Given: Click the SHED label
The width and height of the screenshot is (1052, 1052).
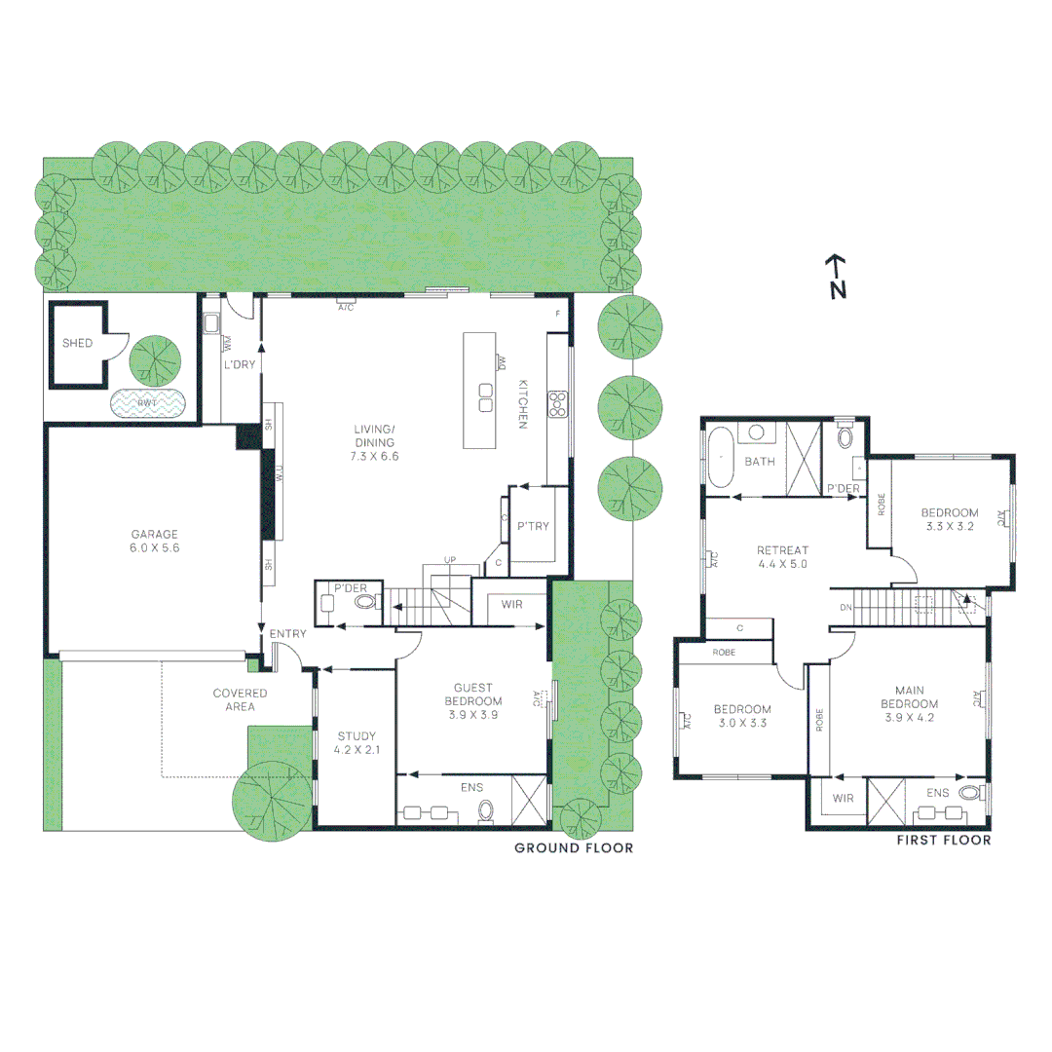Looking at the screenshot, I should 77,344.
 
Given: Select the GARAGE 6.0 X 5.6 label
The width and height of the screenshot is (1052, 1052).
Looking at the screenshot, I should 156,541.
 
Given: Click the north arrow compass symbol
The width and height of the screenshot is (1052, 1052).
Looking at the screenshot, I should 836,277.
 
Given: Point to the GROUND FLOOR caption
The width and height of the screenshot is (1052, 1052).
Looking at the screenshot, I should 574,848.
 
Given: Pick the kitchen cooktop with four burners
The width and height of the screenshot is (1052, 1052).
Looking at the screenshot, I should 558,403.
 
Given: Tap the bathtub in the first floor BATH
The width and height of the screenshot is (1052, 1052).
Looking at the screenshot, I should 720,457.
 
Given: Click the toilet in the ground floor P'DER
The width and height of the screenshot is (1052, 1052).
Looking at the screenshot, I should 364,603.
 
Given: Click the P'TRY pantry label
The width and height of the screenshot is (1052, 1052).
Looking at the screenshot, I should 533,526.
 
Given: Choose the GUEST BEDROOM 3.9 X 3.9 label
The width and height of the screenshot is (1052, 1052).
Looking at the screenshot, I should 473,700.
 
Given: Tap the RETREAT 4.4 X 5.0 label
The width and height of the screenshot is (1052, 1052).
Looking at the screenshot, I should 783,556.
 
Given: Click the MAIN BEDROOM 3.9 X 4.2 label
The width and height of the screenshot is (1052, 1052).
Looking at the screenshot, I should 909,710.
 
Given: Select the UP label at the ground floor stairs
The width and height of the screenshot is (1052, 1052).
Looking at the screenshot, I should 450,560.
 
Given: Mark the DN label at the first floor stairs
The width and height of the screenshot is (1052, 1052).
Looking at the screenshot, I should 845,607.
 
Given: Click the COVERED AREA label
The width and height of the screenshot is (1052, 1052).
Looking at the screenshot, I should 240,699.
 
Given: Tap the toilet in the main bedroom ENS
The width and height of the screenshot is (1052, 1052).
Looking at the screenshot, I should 969,793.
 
